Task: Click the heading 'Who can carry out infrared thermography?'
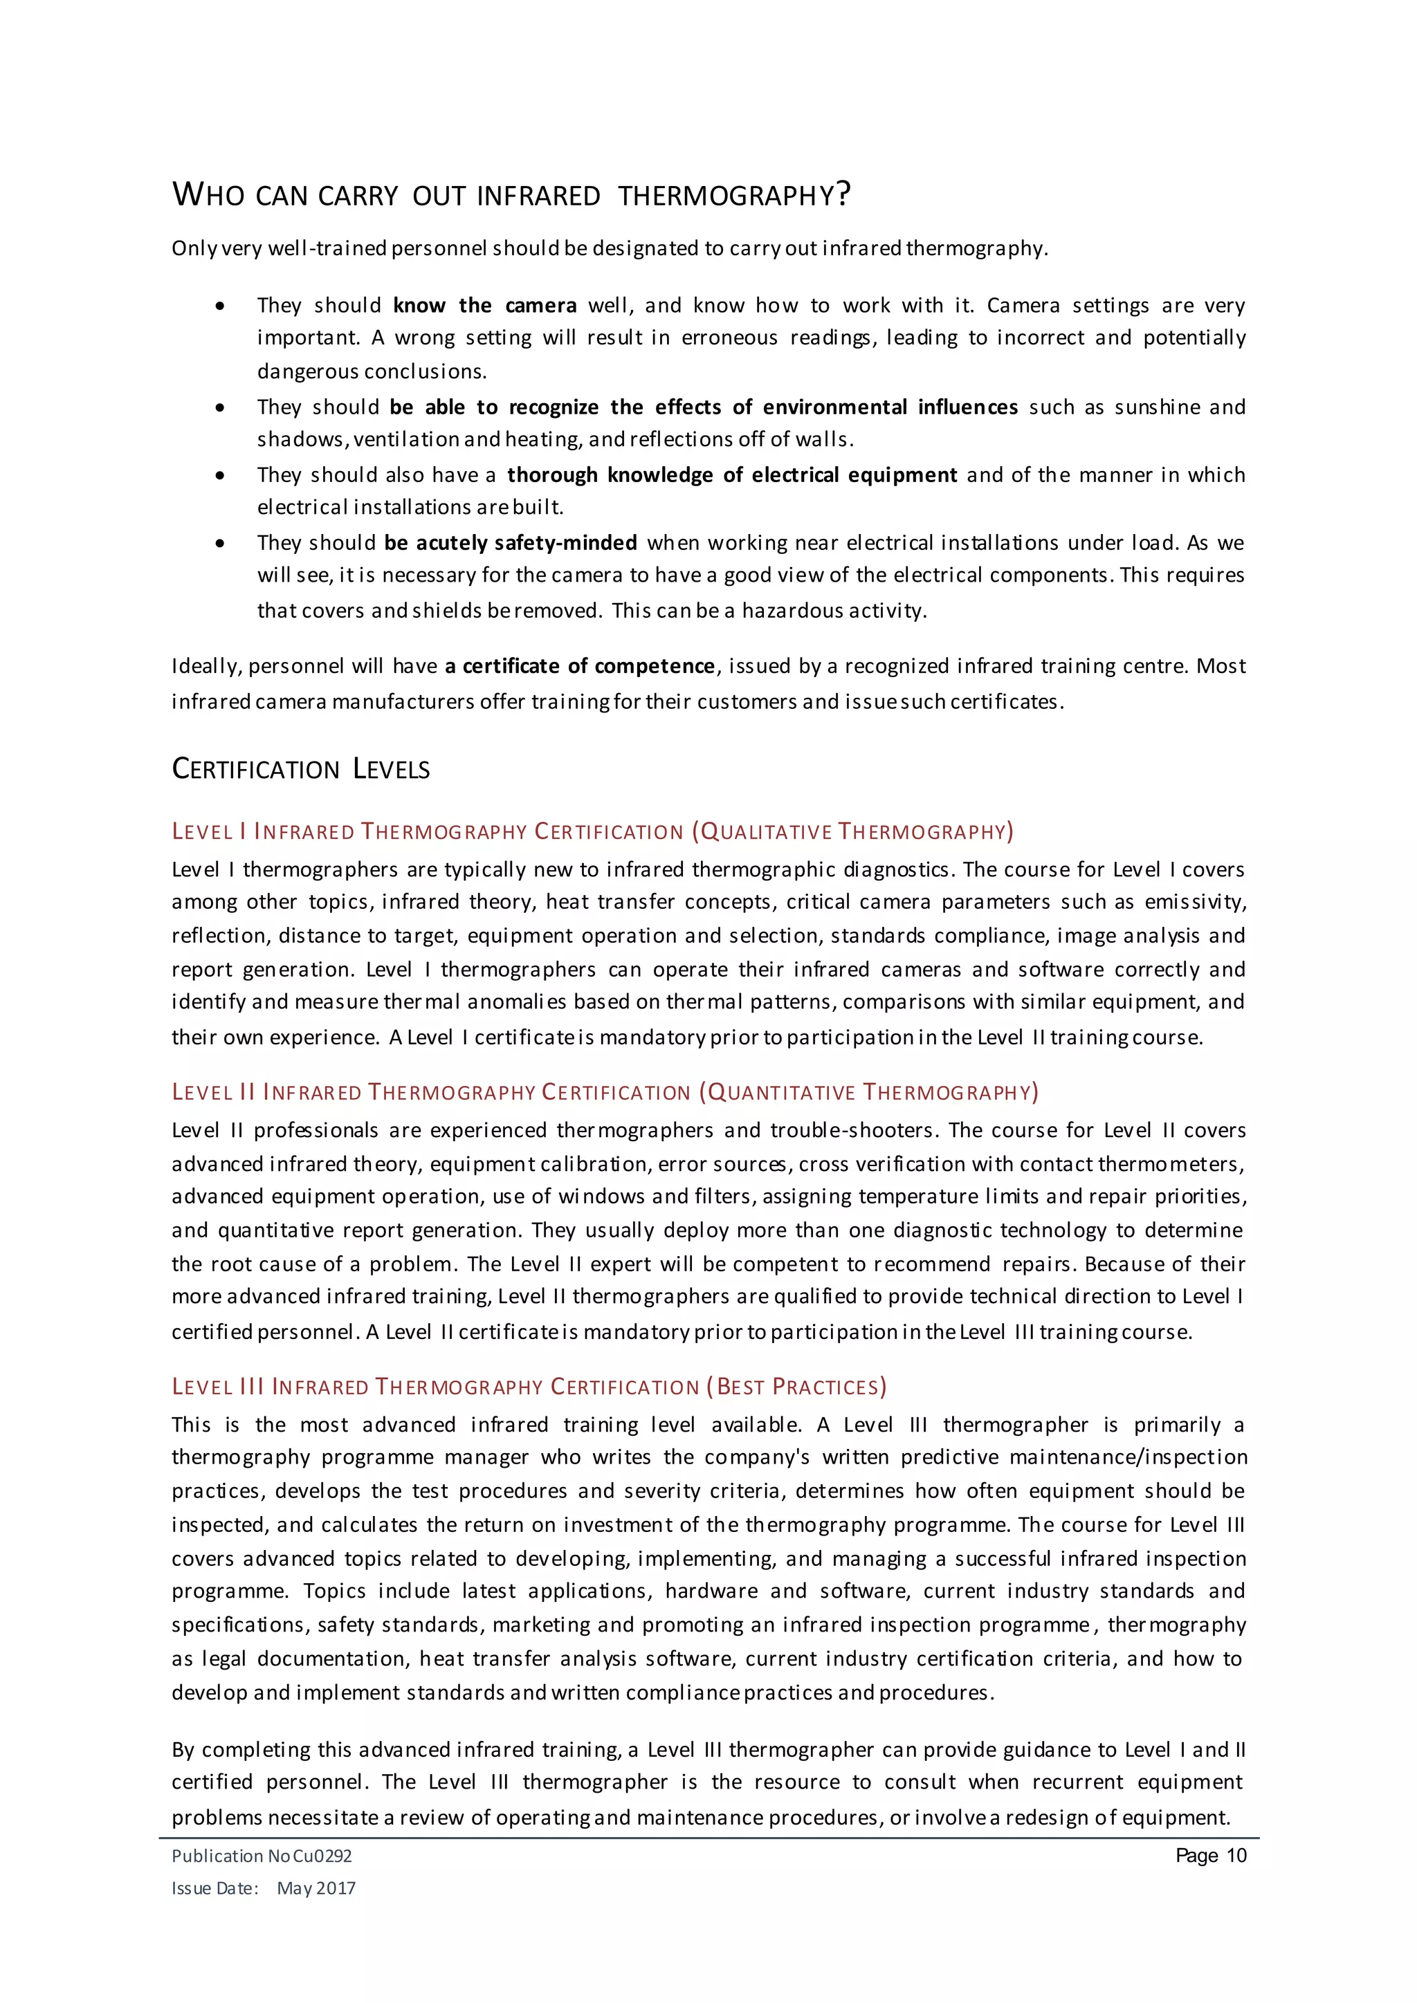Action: point(511,194)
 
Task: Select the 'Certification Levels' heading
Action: point(300,768)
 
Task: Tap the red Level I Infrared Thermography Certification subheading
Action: point(592,831)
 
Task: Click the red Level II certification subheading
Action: point(605,1092)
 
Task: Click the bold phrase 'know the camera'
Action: point(484,305)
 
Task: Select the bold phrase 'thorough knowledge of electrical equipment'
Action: point(732,474)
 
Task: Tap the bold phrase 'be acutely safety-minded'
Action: point(511,543)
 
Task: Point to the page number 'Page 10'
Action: point(1210,1855)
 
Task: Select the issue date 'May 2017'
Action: point(316,1888)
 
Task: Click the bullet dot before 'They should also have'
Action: point(220,475)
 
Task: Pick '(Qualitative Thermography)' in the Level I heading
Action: point(852,831)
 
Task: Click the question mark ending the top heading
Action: point(842,194)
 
